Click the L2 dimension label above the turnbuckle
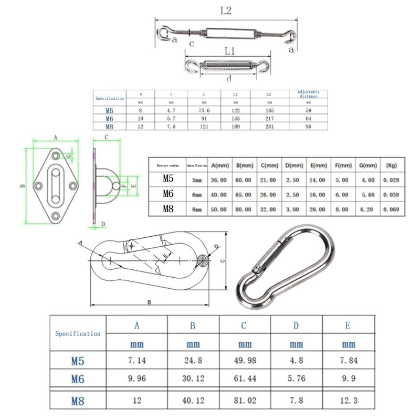pyautogui.click(x=225, y=10)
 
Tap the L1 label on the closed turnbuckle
pyautogui.click(x=229, y=51)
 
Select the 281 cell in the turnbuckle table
pyautogui.click(x=269, y=127)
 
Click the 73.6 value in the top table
pyautogui.click(x=204, y=111)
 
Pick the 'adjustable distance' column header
pyautogui.click(x=308, y=94)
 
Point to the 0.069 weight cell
pyautogui.click(x=392, y=209)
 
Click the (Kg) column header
pyautogui.click(x=392, y=165)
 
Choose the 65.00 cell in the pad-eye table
pyautogui.click(x=243, y=194)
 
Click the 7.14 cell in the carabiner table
pyautogui.click(x=137, y=362)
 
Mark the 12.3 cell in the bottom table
pyautogui.click(x=348, y=401)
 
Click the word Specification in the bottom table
pyautogui.click(x=78, y=333)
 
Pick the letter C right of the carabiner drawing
pyautogui.click(x=222, y=260)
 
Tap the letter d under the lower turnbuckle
pyautogui.click(x=229, y=79)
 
